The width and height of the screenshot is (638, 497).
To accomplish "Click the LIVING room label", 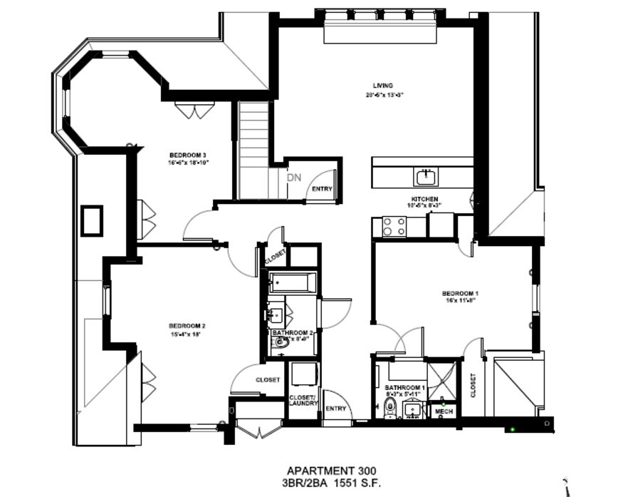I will click(x=383, y=86).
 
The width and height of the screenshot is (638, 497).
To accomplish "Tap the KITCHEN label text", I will click(x=424, y=199).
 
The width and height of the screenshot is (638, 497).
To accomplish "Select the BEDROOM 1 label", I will click(x=460, y=294).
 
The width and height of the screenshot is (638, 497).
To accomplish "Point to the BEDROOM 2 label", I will click(x=187, y=327).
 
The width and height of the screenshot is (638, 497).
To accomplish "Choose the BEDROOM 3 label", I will click(x=187, y=155).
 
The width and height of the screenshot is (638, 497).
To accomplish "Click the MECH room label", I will click(x=444, y=411).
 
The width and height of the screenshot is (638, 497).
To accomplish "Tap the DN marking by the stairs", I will click(x=293, y=178).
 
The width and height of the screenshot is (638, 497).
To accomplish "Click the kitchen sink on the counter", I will click(x=426, y=175).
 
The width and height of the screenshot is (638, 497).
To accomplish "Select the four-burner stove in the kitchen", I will click(x=394, y=227).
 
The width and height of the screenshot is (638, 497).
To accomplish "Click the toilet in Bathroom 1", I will click(x=388, y=409).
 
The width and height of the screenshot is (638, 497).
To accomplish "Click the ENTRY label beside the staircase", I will click(x=322, y=189).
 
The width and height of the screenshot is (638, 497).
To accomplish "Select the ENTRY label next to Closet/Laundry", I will click(x=335, y=409).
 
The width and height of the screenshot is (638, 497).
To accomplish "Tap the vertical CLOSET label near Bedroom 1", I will click(x=472, y=385).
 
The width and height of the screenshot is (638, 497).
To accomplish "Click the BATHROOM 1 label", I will click(x=404, y=388).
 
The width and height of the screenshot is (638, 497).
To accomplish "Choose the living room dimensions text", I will click(x=385, y=95).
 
